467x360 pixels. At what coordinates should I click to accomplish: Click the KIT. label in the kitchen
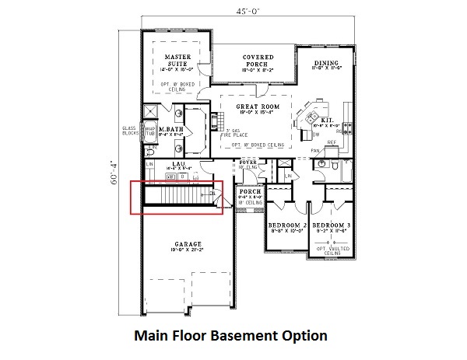click(x=328, y=118)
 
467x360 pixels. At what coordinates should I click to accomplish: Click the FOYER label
click(x=248, y=163)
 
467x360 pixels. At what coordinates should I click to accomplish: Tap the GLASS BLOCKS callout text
click(x=129, y=131)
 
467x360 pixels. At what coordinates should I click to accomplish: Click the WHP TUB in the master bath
click(x=151, y=130)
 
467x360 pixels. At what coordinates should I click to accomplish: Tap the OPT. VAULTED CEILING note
click(x=331, y=249)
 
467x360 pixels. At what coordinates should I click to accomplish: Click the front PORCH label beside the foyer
click(x=248, y=191)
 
